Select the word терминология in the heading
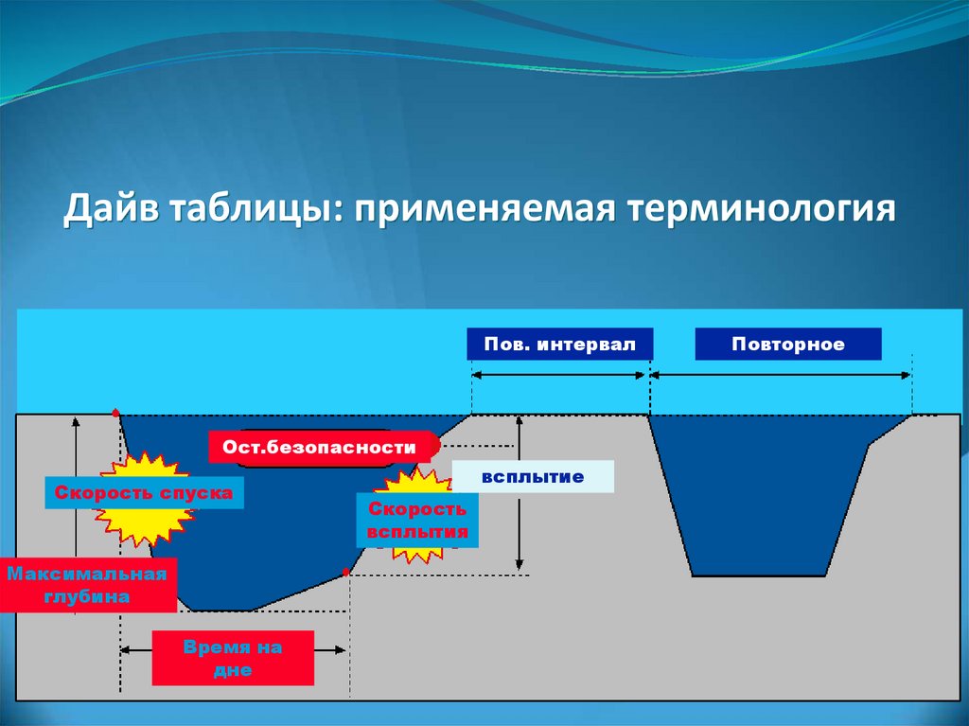(x=758, y=209)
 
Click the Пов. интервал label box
(x=559, y=344)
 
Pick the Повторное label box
(x=787, y=344)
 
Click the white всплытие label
(x=533, y=477)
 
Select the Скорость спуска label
(x=144, y=493)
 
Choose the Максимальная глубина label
(x=88, y=585)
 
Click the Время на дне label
(x=233, y=657)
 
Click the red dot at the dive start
(x=115, y=413)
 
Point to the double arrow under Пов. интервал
(x=559, y=375)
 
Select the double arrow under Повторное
(x=781, y=375)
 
